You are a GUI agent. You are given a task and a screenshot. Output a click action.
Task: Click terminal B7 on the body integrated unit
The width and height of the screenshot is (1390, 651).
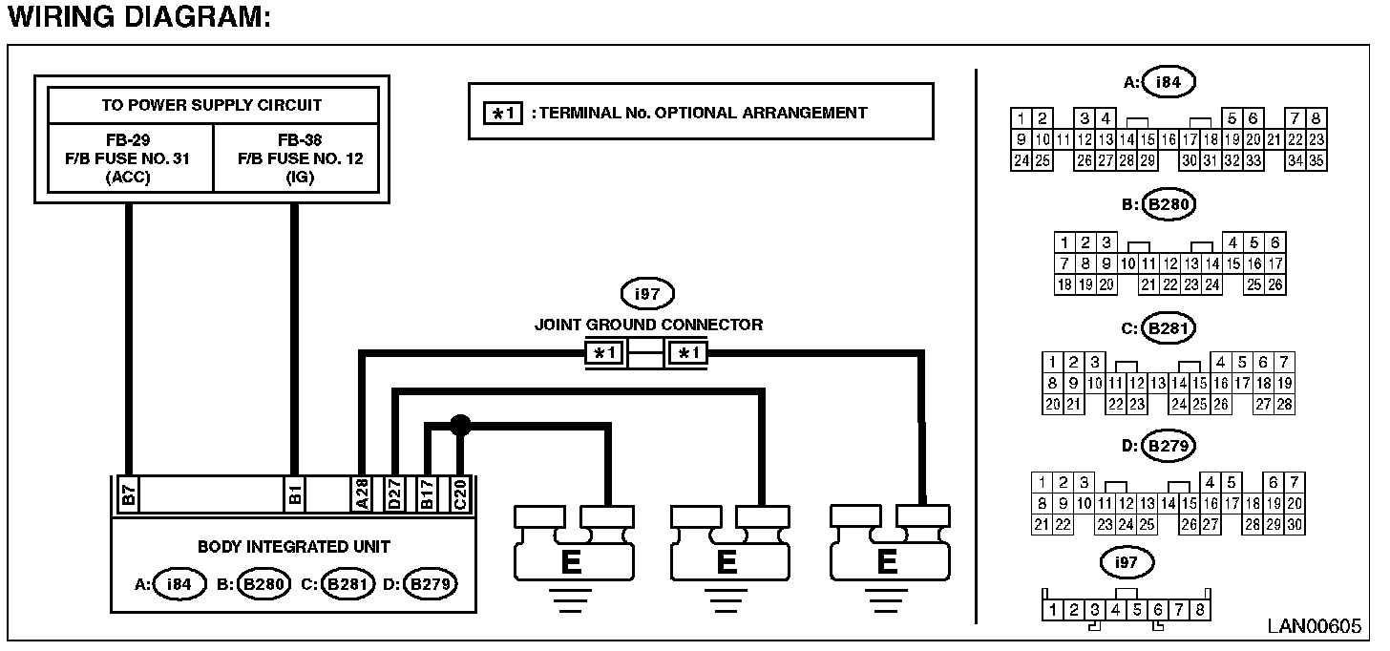coord(129,494)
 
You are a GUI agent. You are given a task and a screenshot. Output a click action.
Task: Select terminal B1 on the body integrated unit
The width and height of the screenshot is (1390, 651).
coord(295,494)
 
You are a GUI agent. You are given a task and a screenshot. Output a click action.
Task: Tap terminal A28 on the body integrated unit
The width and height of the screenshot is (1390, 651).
coord(362,494)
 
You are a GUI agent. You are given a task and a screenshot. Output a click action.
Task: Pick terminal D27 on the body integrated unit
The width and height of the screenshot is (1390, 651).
coord(394,494)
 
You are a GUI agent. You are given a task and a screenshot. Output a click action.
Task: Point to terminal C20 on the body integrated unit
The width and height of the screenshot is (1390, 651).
coord(460,494)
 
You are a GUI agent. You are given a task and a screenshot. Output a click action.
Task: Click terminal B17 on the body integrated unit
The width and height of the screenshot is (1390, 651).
coord(427,494)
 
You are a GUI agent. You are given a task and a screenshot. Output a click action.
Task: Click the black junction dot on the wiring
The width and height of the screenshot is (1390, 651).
coord(460,425)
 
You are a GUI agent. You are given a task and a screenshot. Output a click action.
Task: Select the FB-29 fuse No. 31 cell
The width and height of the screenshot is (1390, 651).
coord(130,158)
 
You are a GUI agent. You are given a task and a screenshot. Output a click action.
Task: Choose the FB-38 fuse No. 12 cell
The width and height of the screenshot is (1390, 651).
coord(297,158)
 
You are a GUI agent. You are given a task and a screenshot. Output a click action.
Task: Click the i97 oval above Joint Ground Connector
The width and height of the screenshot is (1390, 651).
coord(647,294)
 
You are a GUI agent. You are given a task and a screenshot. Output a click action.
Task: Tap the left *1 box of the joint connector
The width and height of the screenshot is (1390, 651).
coord(605,353)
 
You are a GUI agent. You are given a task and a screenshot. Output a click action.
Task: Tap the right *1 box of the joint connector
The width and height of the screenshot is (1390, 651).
coord(687,353)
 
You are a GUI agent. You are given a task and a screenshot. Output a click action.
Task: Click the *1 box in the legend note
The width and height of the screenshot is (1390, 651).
coord(502,114)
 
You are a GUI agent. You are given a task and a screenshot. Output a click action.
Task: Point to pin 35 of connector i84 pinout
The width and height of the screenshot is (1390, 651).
coord(1316,160)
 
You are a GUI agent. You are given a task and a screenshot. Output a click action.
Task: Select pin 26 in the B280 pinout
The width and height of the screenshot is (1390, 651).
coord(1275,284)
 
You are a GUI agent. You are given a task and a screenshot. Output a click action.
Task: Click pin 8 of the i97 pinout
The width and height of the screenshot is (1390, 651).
coord(1200,610)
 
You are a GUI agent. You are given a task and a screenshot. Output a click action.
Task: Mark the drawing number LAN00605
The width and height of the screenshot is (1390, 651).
coord(1315,626)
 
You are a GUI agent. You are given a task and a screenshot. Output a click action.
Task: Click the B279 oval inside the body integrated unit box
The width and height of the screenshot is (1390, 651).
coord(430,584)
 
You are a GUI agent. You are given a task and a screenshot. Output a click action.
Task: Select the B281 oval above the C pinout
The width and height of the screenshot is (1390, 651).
coord(1169,327)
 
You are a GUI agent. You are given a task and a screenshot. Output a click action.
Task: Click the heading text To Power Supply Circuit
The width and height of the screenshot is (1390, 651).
coord(212,105)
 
